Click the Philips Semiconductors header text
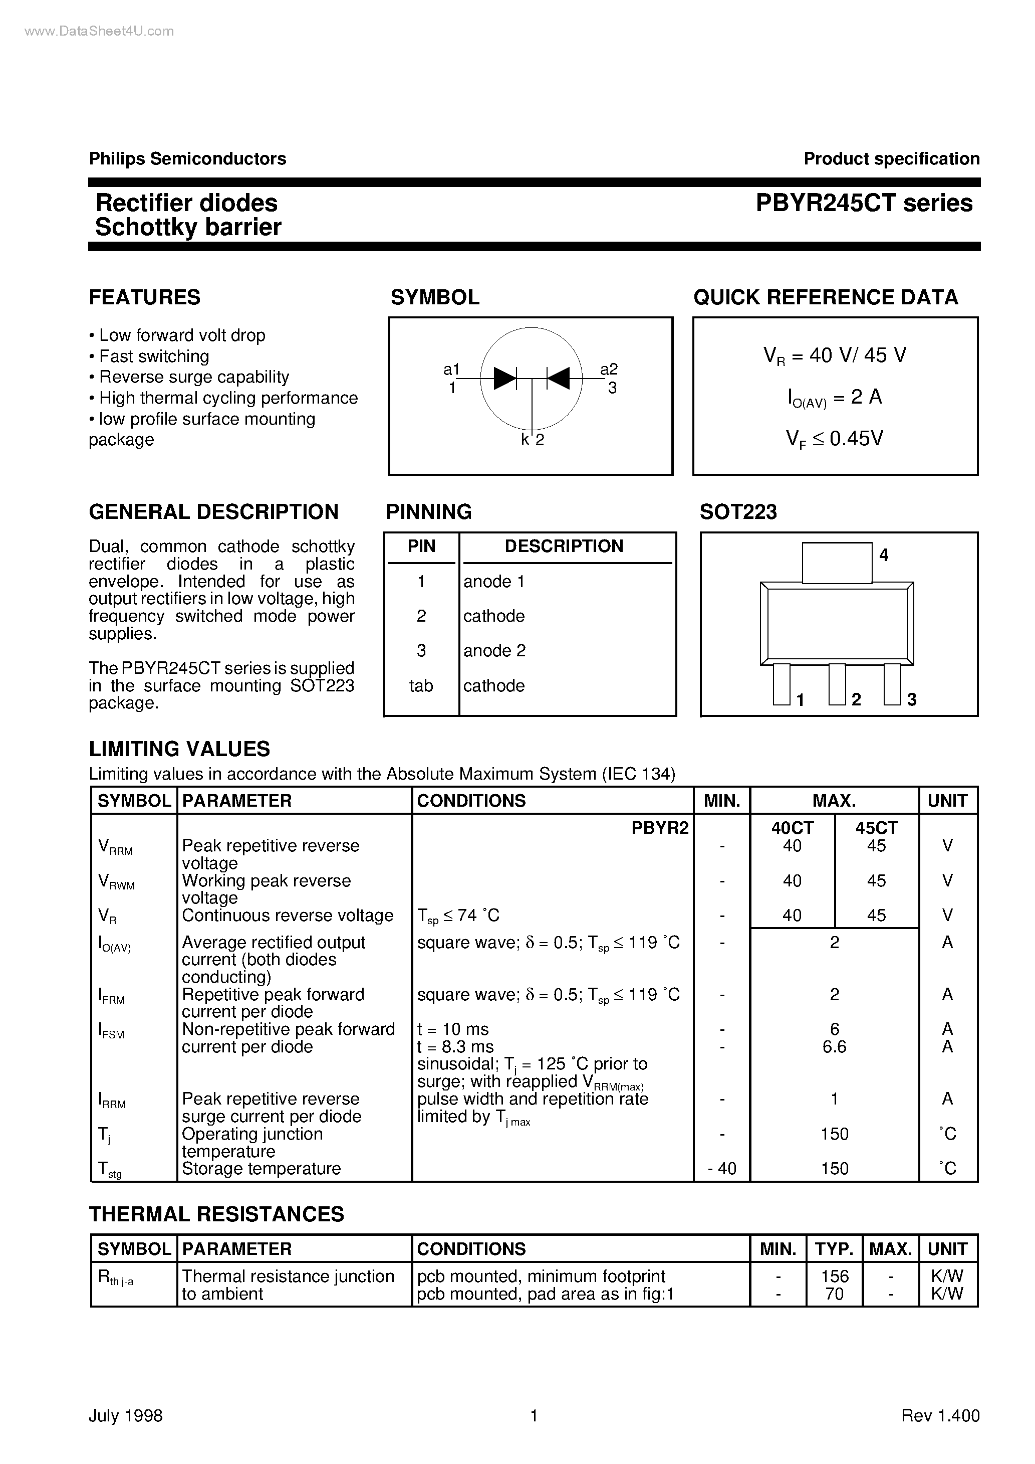pos(187,159)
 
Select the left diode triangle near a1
pos(505,378)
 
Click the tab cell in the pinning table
pos(421,686)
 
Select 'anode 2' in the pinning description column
pos(494,651)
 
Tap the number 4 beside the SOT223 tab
pos(883,556)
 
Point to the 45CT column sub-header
pos(876,828)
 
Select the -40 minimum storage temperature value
pos(722,1169)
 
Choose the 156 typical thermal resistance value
pos(834,1276)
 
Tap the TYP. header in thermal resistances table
pos(834,1248)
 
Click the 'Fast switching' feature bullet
pos(154,356)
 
